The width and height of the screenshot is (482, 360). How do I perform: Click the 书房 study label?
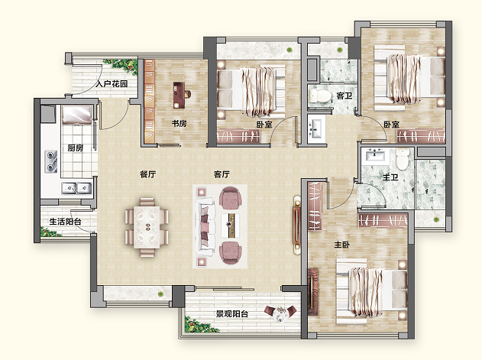tap(179, 124)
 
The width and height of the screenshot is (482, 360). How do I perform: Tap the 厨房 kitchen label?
tap(76, 148)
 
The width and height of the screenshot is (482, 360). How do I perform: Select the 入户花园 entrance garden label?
tap(112, 83)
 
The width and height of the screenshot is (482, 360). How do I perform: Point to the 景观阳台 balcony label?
tap(231, 314)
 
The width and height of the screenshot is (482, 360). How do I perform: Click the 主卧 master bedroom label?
tap(341, 245)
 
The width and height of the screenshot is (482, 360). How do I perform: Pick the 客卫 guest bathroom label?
tap(345, 96)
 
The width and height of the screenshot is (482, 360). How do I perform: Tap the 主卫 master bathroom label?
tap(390, 177)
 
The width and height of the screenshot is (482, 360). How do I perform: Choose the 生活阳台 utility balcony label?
tap(65, 221)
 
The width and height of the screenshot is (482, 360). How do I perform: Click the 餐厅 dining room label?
tap(148, 174)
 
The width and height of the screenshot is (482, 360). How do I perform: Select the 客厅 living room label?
tap(222, 174)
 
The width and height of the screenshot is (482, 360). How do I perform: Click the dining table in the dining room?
tap(147, 227)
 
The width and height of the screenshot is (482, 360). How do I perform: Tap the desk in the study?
tap(180, 95)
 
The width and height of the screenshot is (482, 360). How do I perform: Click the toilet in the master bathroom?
tap(402, 159)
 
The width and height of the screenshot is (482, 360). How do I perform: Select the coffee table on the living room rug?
tap(230, 224)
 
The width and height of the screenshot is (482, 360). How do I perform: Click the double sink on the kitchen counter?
tap(77, 188)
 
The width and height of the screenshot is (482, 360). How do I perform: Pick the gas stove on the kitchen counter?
tap(51, 162)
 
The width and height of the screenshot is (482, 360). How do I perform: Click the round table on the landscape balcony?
tap(280, 313)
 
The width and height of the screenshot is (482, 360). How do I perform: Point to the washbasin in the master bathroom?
tap(375, 154)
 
